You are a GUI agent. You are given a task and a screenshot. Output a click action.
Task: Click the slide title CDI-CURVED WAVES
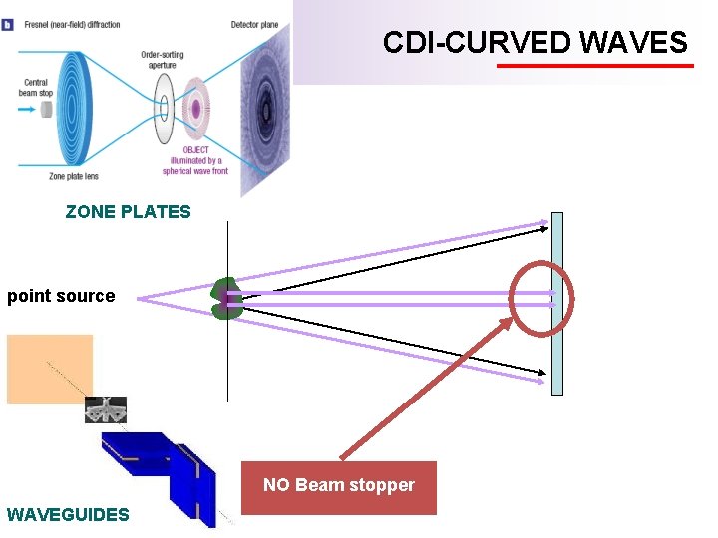click(536, 42)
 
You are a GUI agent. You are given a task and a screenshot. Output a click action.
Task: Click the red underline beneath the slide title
click(594, 66)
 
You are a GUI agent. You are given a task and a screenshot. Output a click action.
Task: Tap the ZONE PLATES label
click(128, 211)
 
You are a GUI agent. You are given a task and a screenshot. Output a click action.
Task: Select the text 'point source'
click(61, 296)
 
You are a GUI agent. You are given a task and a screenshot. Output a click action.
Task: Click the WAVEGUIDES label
click(68, 515)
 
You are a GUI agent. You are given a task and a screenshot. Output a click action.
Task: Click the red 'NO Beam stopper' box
click(339, 487)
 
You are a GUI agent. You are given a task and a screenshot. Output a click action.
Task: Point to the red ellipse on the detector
click(541, 296)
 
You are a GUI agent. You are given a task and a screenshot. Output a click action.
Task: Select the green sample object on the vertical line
click(226, 298)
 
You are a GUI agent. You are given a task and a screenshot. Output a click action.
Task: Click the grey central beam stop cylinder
click(47, 107)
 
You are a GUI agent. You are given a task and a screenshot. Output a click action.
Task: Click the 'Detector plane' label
click(255, 24)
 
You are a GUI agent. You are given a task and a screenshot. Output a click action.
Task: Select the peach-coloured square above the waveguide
click(50, 369)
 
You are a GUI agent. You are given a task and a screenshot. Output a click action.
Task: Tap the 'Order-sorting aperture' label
click(161, 60)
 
